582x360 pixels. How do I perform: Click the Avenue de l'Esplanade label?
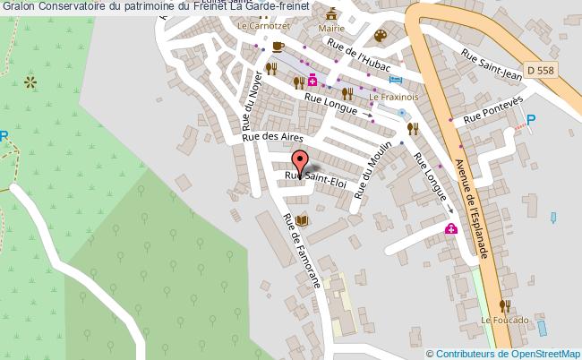472,204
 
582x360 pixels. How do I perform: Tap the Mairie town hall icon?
332,15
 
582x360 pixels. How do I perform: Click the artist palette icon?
380,36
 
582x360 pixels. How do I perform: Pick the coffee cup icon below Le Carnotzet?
278,46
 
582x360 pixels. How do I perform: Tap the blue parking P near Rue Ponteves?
532,120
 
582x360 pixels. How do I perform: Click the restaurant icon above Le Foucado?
507,305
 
